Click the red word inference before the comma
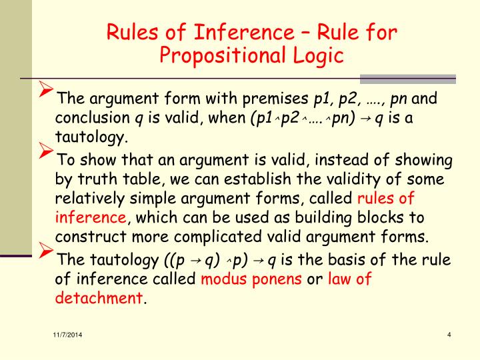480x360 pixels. click(90, 218)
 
